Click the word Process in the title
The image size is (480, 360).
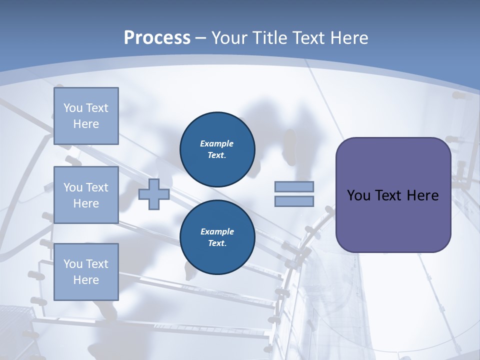[157, 38]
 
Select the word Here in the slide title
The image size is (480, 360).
[348, 38]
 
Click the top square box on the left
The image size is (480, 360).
[86, 116]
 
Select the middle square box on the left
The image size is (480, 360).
[86, 195]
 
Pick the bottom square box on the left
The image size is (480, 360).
[86, 272]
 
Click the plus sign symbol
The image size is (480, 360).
[154, 194]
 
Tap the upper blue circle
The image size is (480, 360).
[217, 149]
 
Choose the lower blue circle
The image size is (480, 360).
[217, 237]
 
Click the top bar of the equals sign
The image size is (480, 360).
[294, 186]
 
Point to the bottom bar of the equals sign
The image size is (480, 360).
[294, 201]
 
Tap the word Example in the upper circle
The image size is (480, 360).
[216, 143]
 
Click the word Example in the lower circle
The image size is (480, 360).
[217, 231]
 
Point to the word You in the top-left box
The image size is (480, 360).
[73, 108]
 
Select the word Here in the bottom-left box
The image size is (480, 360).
[86, 280]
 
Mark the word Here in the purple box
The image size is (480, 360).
[422, 195]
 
